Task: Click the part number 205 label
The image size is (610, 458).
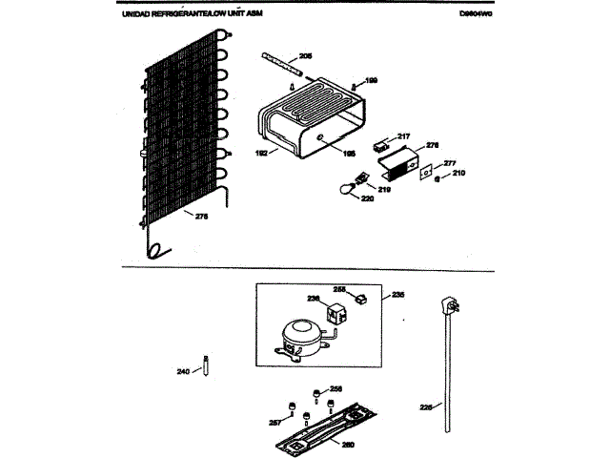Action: pyautogui.click(x=305, y=57)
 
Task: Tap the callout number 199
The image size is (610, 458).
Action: pyautogui.click(x=372, y=80)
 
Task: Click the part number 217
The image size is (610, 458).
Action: pyautogui.click(x=403, y=135)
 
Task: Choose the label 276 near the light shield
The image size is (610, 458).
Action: pyautogui.click(x=432, y=145)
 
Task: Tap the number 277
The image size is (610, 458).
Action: pyautogui.click(x=450, y=163)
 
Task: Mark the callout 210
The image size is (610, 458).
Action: pyautogui.click(x=458, y=173)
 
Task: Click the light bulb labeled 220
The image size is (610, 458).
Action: pyautogui.click(x=338, y=190)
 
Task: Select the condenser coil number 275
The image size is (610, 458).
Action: pyautogui.click(x=201, y=217)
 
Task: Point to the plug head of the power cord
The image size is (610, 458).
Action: pyautogui.click(x=445, y=307)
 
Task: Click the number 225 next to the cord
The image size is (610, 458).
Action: pyautogui.click(x=426, y=407)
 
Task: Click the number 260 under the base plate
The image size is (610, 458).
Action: pyautogui.click(x=348, y=444)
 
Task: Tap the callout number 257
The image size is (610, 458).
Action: pyautogui.click(x=274, y=422)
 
